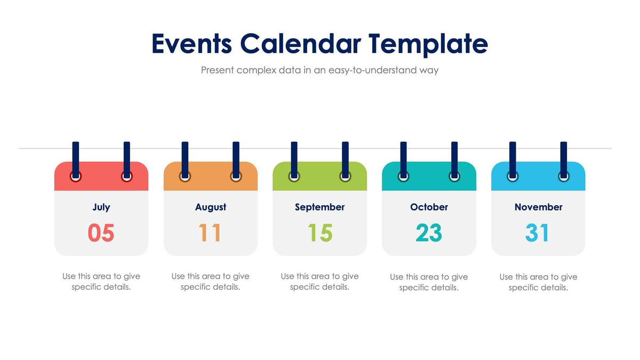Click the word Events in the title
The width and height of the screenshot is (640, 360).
coord(191,44)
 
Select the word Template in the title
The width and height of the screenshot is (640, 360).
coord(428,45)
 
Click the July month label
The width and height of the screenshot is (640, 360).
coord(101,207)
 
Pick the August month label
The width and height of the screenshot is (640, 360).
coord(211,207)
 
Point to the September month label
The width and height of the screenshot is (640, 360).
coord(319,207)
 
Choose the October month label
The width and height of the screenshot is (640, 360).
coord(429,207)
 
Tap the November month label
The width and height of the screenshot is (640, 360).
coord(538,207)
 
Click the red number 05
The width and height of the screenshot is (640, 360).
coord(101,233)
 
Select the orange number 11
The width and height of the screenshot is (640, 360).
coord(210,233)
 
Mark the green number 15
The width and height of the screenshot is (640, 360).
coord(320,233)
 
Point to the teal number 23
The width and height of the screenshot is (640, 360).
coord(429,233)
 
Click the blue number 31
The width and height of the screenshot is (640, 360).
coord(538,233)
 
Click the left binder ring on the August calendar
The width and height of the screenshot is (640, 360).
coord(185,176)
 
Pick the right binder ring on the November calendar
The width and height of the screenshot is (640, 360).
coord(564,176)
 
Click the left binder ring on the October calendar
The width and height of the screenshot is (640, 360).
coord(404,176)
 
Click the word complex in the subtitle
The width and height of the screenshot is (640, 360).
coord(257,70)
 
